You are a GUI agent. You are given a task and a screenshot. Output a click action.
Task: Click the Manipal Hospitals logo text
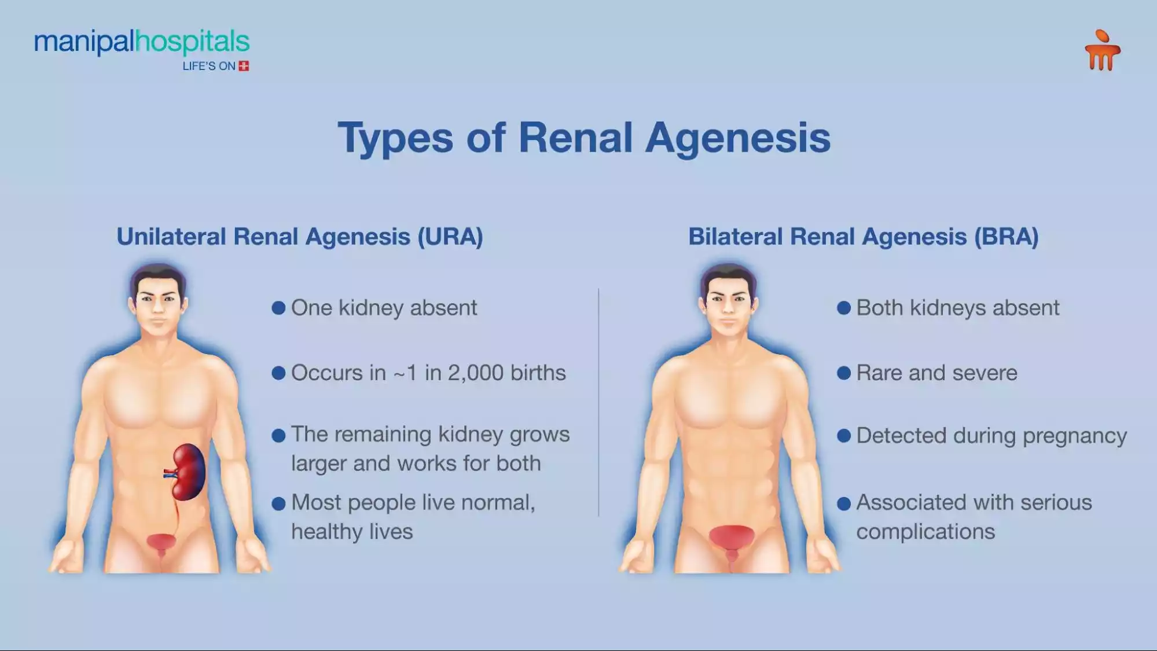click(142, 42)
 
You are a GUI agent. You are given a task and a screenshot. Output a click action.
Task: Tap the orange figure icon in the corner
click(1102, 51)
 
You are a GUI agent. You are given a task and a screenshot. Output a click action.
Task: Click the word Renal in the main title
click(575, 138)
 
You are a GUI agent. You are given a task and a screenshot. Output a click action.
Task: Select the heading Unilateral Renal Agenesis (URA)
click(299, 237)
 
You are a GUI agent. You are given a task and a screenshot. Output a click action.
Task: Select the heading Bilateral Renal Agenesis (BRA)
click(863, 237)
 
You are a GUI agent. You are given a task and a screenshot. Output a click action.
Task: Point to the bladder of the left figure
click(161, 542)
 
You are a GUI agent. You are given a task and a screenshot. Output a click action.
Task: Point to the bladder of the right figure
click(732, 536)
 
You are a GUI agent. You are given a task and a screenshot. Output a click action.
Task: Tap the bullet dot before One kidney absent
click(278, 308)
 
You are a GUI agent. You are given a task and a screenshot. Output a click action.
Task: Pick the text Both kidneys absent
click(957, 308)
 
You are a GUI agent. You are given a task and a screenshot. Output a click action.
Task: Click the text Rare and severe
click(936, 373)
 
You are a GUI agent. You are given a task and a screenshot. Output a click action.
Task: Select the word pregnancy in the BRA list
click(1074, 436)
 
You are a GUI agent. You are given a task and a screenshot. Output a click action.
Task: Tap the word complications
click(925, 532)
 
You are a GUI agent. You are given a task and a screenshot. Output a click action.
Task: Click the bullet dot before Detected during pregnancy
click(843, 436)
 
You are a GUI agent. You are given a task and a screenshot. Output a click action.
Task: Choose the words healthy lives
click(352, 532)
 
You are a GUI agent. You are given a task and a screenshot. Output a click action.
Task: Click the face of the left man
click(157, 307)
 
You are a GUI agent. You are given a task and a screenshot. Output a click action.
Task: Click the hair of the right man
click(728, 273)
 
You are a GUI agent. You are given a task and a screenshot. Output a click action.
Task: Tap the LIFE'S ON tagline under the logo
click(209, 67)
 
